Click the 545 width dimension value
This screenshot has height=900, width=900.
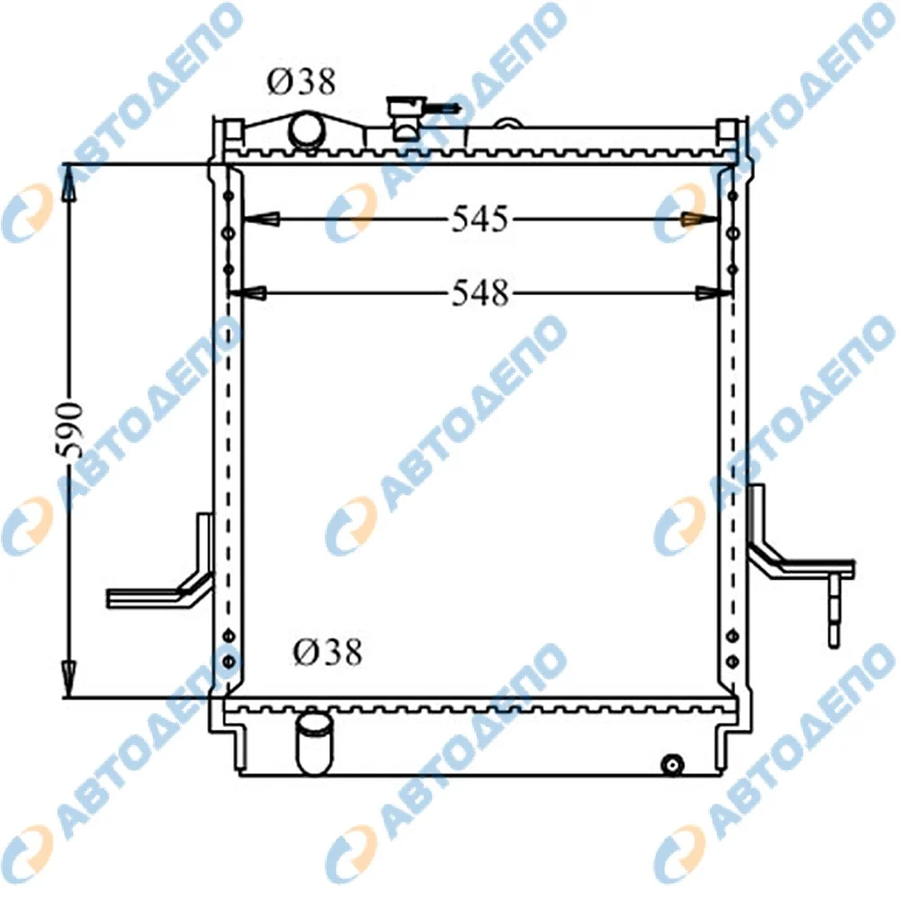[480, 219]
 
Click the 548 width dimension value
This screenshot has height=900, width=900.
[481, 293]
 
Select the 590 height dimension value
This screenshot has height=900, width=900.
[72, 430]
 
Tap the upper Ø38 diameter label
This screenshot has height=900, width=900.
[301, 82]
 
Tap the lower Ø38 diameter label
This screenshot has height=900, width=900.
[328, 652]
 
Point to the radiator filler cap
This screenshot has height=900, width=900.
[407, 118]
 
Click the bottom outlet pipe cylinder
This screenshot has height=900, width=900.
[314, 744]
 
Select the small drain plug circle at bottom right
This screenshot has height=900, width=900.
[672, 764]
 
